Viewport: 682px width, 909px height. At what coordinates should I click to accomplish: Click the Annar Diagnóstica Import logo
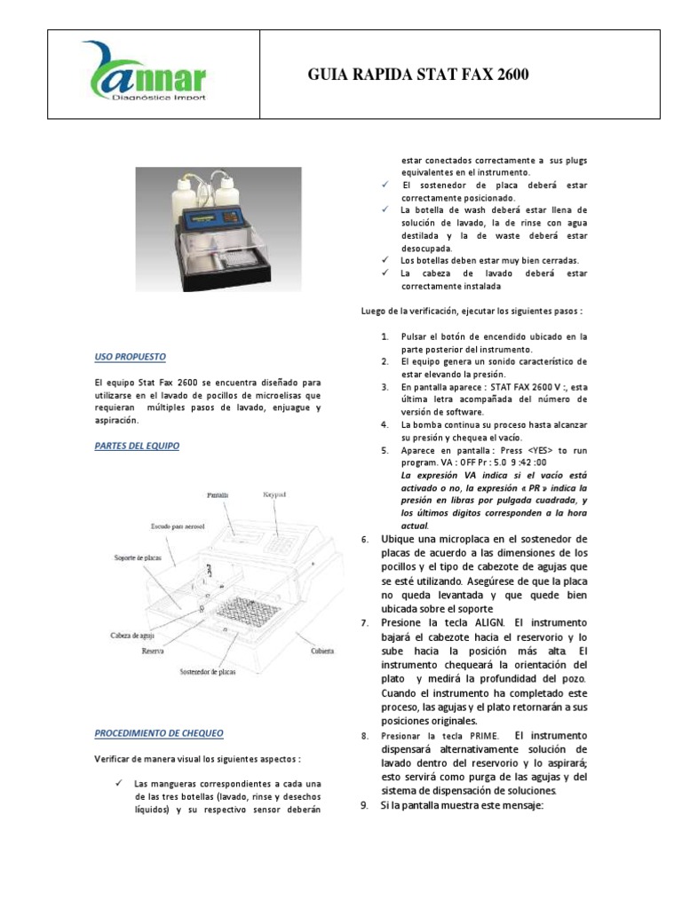(x=145, y=72)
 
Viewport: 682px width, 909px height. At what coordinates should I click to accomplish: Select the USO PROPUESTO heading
(x=130, y=356)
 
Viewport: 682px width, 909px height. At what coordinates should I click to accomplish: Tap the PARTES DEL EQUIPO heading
(x=137, y=446)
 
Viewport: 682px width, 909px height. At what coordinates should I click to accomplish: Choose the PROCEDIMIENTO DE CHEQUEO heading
(x=159, y=733)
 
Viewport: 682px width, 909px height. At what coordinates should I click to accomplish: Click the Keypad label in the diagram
(x=277, y=494)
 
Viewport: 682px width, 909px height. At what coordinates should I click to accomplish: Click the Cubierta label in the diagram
(x=321, y=651)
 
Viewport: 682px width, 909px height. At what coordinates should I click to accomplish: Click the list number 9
(x=365, y=805)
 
